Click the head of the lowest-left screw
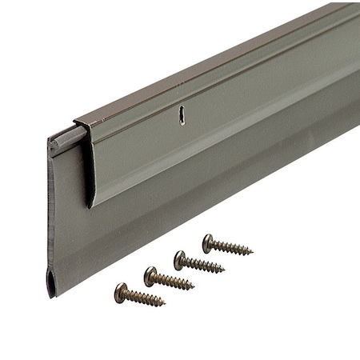pos(121,293)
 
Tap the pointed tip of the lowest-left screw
pos(164,304)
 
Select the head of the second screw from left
pos(150,277)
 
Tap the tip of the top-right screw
pos(252,254)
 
